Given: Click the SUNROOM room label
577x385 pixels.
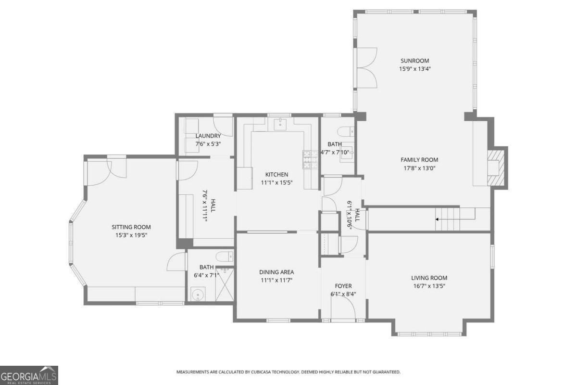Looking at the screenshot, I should [414, 61].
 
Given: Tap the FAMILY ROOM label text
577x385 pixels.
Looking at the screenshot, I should [419, 160].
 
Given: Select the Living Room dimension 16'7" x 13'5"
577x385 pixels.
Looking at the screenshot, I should [429, 286].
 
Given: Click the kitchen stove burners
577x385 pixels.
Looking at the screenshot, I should [307, 159].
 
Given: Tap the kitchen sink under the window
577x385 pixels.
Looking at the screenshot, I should [280, 125].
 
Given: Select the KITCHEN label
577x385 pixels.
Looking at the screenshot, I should [276, 174].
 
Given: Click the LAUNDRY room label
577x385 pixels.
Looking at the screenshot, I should [208, 136].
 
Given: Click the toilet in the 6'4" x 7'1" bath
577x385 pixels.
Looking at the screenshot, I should [224, 256].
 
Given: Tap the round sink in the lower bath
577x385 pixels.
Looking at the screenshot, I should [197, 293].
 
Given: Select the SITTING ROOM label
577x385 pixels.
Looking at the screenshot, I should [131, 227].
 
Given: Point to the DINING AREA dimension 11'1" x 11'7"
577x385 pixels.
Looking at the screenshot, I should [276, 280].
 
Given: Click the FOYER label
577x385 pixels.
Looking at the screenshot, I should [343, 286].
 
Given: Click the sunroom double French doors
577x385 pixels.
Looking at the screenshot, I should [365, 68].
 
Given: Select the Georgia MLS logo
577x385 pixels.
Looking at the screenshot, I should [29, 375].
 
